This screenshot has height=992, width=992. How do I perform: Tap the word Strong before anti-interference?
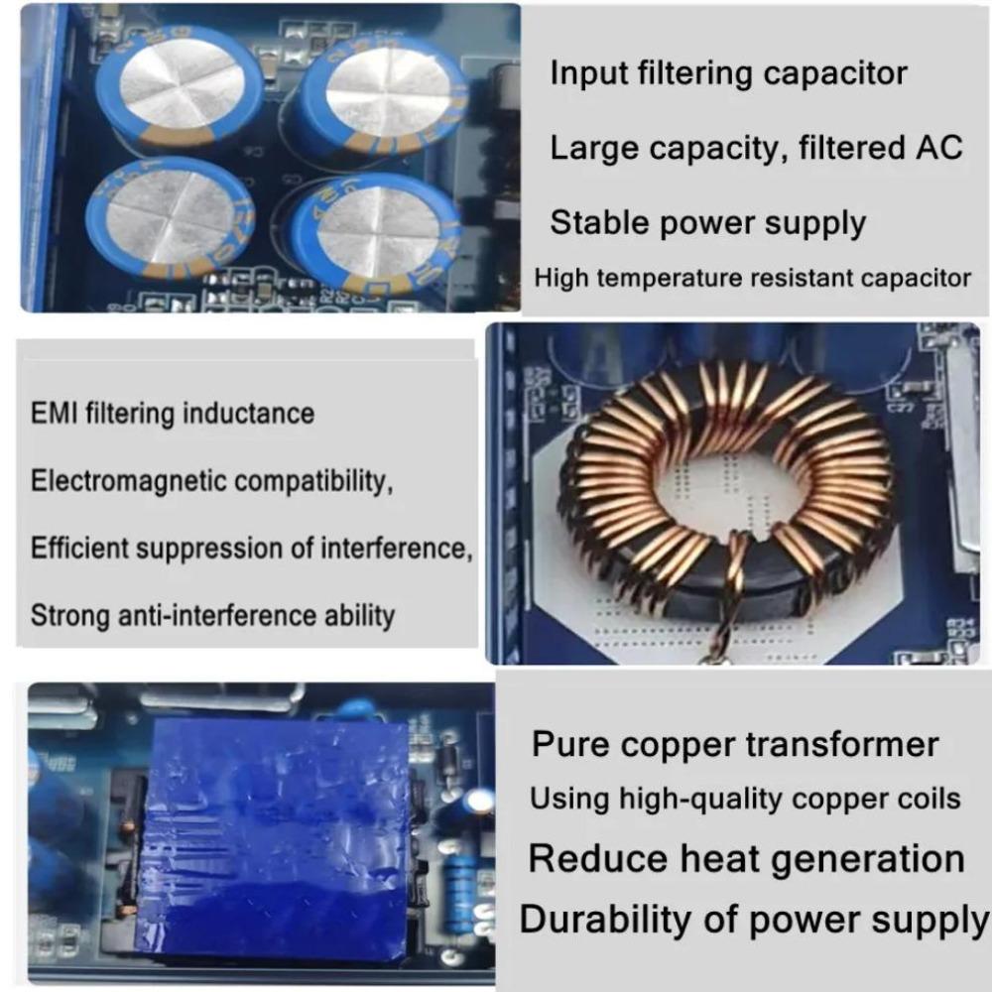click(70, 615)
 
